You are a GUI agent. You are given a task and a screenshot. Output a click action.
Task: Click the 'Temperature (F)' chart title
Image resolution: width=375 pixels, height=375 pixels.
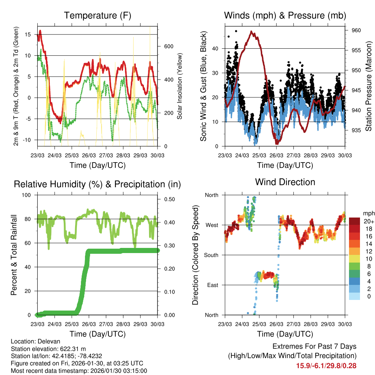97,15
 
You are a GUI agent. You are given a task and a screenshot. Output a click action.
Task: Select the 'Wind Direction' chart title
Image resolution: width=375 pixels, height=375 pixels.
285,182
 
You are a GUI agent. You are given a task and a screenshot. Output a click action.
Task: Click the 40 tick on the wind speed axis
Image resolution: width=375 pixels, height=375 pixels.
215,48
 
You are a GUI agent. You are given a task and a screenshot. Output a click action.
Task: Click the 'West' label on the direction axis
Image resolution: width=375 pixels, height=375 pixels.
212,225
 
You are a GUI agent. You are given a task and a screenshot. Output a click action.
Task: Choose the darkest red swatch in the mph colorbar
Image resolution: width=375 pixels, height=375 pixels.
354,221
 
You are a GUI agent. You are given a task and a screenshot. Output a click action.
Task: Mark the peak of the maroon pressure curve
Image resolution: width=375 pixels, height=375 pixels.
252,31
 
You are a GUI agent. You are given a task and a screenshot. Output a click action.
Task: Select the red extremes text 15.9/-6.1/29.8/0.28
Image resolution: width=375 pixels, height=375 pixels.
326,365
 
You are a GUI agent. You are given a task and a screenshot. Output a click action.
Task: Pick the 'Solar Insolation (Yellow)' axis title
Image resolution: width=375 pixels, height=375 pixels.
180,86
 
